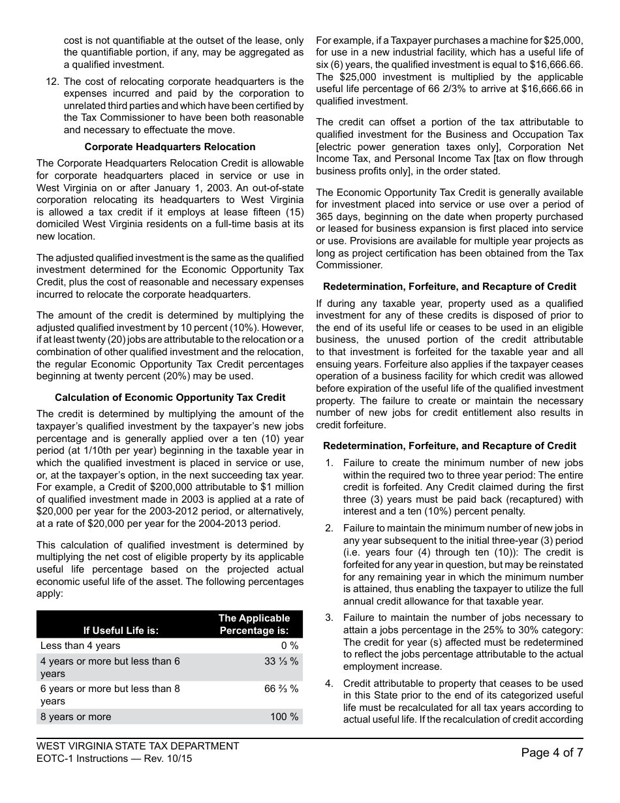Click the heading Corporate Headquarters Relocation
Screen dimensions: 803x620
pos(170,147)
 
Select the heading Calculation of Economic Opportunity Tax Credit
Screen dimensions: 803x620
pos(170,398)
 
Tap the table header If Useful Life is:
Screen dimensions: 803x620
pos(121,631)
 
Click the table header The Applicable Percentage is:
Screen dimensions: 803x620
pos(253,624)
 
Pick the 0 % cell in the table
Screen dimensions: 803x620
pos(290,646)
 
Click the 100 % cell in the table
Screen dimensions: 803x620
pos(285,717)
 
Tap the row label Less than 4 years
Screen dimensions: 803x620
pos(80,646)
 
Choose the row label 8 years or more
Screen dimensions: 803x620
pos(76,717)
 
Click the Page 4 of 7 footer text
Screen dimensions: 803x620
pos(552,753)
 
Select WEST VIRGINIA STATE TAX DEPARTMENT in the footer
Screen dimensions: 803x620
pos(138,746)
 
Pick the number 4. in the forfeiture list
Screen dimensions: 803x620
pos(329,684)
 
